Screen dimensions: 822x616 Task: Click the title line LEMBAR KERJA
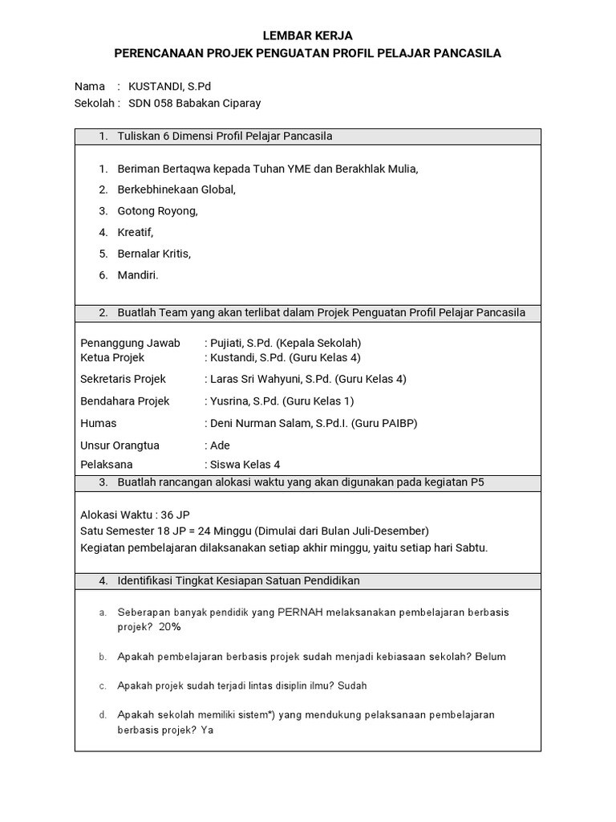pyautogui.click(x=308, y=36)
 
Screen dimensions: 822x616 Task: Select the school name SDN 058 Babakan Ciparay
pyautogui.click(x=195, y=103)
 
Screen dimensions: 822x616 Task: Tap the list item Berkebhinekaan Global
pyautogui.click(x=176, y=189)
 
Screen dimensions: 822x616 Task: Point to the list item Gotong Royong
pyautogui.click(x=157, y=211)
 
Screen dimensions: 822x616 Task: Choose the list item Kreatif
pyautogui.click(x=135, y=232)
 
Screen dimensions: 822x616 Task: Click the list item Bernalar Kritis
pyautogui.click(x=154, y=254)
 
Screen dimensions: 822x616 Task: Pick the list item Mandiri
pyautogui.click(x=138, y=275)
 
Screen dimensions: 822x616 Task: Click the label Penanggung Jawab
pyautogui.click(x=131, y=343)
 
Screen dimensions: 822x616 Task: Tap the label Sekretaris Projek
pyautogui.click(x=124, y=379)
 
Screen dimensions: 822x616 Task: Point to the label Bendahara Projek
pyautogui.click(x=125, y=401)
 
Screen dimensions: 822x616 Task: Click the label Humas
pyautogui.click(x=99, y=423)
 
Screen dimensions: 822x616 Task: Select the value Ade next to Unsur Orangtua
pyautogui.click(x=220, y=446)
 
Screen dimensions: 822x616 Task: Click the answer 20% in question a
pyautogui.click(x=170, y=627)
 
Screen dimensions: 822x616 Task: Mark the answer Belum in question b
pyautogui.click(x=490, y=657)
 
